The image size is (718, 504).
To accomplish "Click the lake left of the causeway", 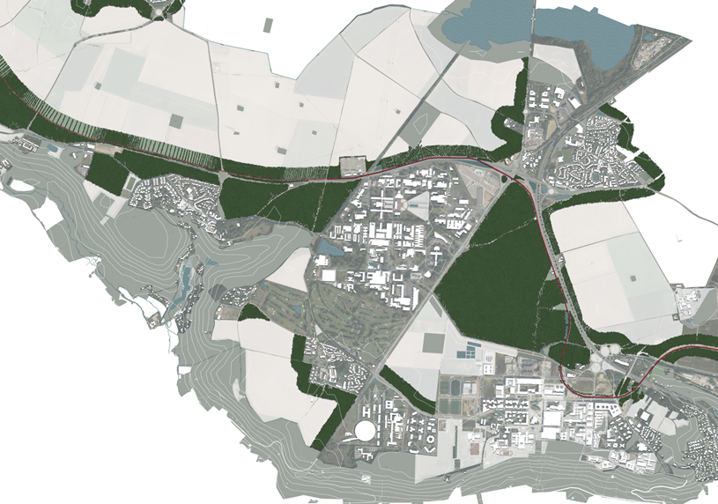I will pos(483,22).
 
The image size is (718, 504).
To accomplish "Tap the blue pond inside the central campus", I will pos(330,248).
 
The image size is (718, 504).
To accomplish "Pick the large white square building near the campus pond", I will pos(329,276).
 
